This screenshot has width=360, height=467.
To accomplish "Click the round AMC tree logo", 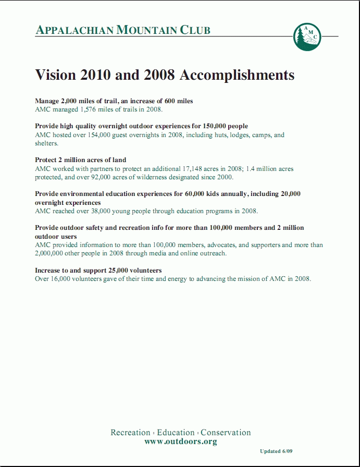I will pyautogui.click(x=307, y=36).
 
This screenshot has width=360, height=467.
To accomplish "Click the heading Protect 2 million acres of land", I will pyautogui.click(x=80, y=160).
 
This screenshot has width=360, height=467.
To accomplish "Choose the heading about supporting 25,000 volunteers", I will pyautogui.click(x=98, y=271).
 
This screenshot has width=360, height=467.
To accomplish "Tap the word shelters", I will pyautogui.click(x=46, y=143).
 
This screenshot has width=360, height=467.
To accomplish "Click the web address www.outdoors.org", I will pyautogui.click(x=180, y=441).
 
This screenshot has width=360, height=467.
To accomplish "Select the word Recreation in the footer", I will pyautogui.click(x=130, y=433).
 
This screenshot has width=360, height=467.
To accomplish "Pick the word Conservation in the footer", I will pyautogui.click(x=226, y=433).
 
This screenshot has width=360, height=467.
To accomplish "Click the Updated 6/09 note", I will pyautogui.click(x=280, y=451).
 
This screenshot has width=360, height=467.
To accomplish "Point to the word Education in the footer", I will pyautogui.click(x=176, y=433).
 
